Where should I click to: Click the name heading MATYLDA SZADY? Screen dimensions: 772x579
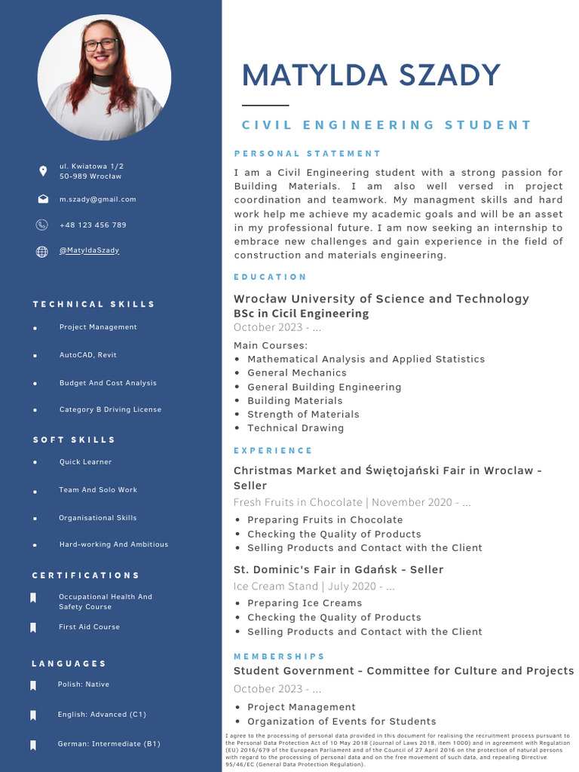[x=371, y=75]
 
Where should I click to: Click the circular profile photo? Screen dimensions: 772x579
[x=104, y=78]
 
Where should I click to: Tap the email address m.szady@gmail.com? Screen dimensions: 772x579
[x=98, y=200]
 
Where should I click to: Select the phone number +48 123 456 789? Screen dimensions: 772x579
[x=93, y=225]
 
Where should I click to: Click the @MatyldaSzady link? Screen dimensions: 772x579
[x=89, y=250]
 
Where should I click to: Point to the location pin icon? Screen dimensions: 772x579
[x=42, y=171]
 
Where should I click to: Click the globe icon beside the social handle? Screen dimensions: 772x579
[x=42, y=252]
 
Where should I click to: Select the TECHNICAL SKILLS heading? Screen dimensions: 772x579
[x=93, y=305]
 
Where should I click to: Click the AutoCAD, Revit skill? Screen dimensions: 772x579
[x=87, y=355]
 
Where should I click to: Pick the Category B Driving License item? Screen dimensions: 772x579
[x=110, y=410]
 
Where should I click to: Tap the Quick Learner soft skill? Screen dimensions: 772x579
[x=85, y=462]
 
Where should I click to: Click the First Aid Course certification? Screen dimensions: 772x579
[x=89, y=627]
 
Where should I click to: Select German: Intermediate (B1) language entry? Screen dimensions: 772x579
[x=109, y=744]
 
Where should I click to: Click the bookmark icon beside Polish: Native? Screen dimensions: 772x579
[x=33, y=685]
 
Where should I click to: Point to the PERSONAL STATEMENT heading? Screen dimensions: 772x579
[x=308, y=154]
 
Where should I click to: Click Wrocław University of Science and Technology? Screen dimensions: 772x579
[x=381, y=299]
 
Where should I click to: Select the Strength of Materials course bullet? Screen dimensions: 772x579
[x=303, y=415]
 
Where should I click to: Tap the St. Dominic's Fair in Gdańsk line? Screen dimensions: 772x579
[x=339, y=570]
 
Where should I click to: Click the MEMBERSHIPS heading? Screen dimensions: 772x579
[x=279, y=657]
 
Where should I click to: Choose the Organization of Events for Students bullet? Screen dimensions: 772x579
[x=342, y=721]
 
